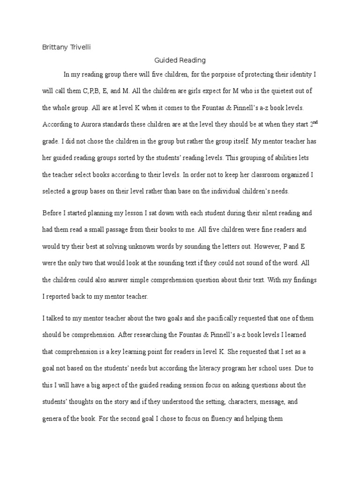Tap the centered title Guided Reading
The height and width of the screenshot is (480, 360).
click(x=180, y=60)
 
